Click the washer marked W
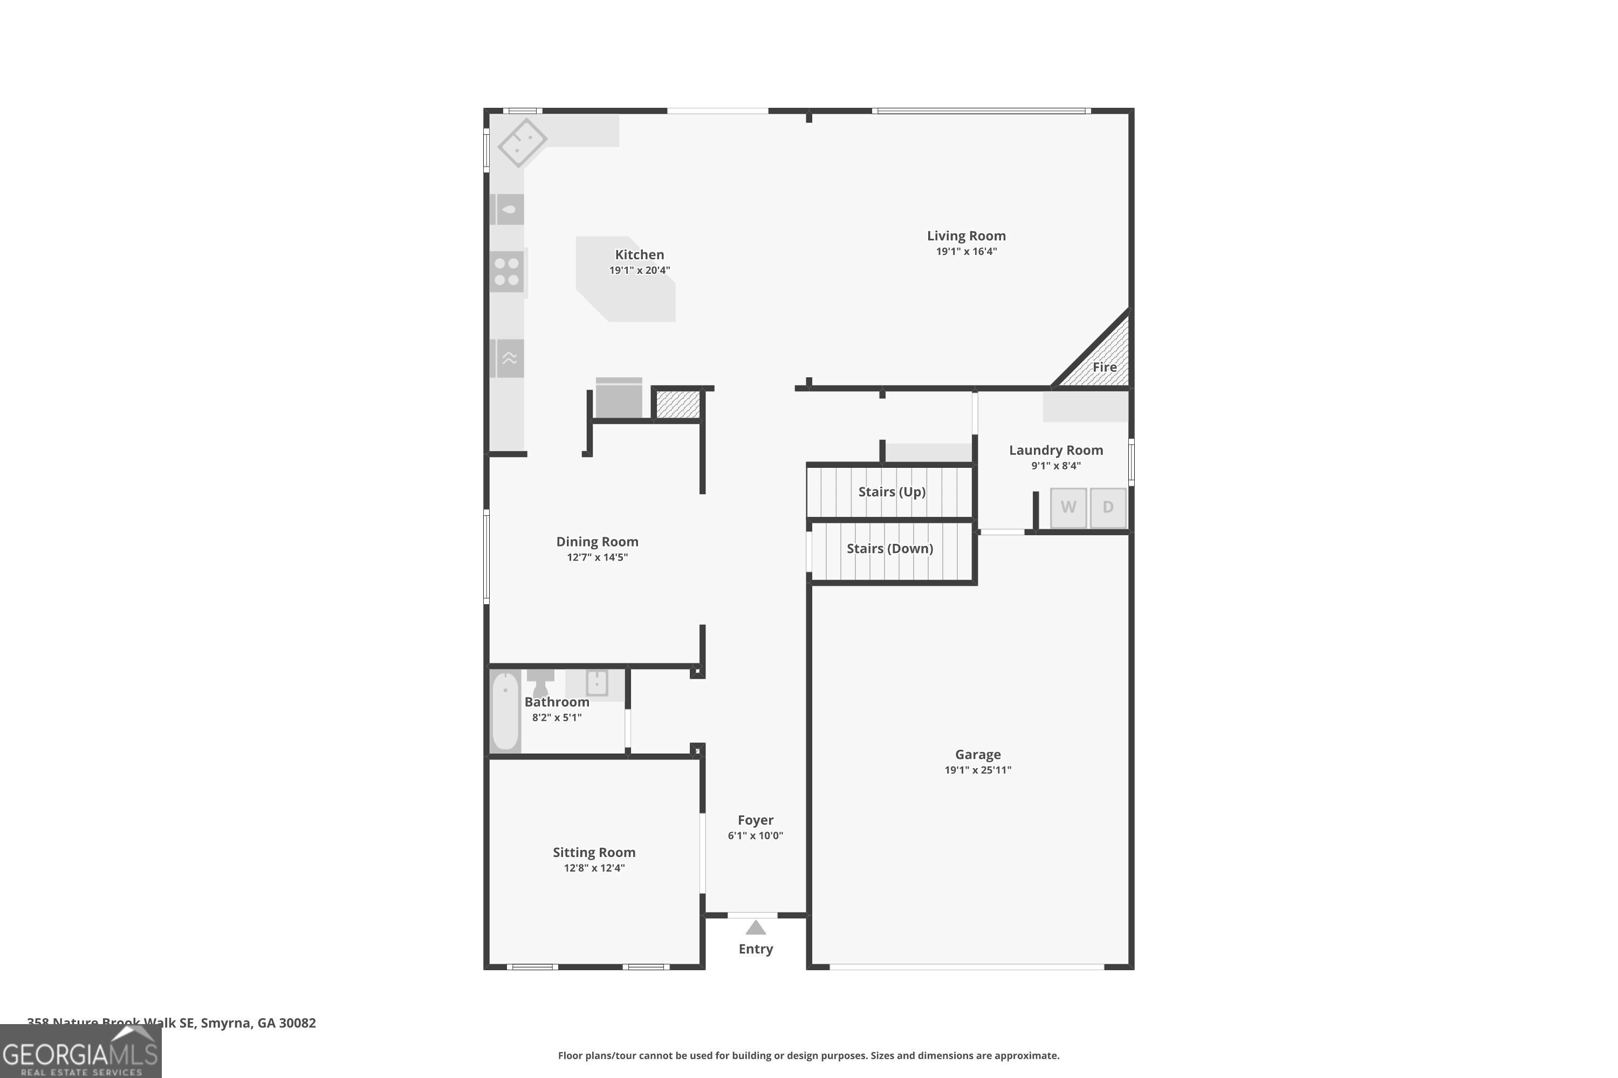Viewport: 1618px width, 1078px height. pyautogui.click(x=1068, y=507)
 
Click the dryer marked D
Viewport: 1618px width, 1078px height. pyautogui.click(x=1108, y=507)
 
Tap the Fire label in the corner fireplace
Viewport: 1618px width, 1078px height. pyautogui.click(x=1104, y=367)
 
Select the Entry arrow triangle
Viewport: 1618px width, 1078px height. pyautogui.click(x=756, y=928)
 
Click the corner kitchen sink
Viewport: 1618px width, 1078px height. pyautogui.click(x=522, y=142)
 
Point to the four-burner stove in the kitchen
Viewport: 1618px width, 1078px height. pyautogui.click(x=507, y=272)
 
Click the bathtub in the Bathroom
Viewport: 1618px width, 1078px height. pyautogui.click(x=505, y=711)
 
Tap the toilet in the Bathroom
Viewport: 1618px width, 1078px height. pyautogui.click(x=540, y=683)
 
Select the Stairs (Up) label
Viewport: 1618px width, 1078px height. pyautogui.click(x=892, y=492)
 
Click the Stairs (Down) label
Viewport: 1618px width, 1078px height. pyautogui.click(x=889, y=549)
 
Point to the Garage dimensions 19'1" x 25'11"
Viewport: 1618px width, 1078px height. pyautogui.click(x=977, y=770)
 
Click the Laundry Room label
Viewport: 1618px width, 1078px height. pyautogui.click(x=1055, y=450)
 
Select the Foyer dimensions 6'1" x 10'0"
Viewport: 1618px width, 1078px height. pyautogui.click(x=756, y=835)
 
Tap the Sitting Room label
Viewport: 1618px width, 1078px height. pyautogui.click(x=594, y=853)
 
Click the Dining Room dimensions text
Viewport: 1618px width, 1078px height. pyautogui.click(x=597, y=557)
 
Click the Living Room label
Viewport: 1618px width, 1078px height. pyautogui.click(x=966, y=236)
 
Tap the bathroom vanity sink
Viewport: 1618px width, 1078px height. pyautogui.click(x=597, y=683)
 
